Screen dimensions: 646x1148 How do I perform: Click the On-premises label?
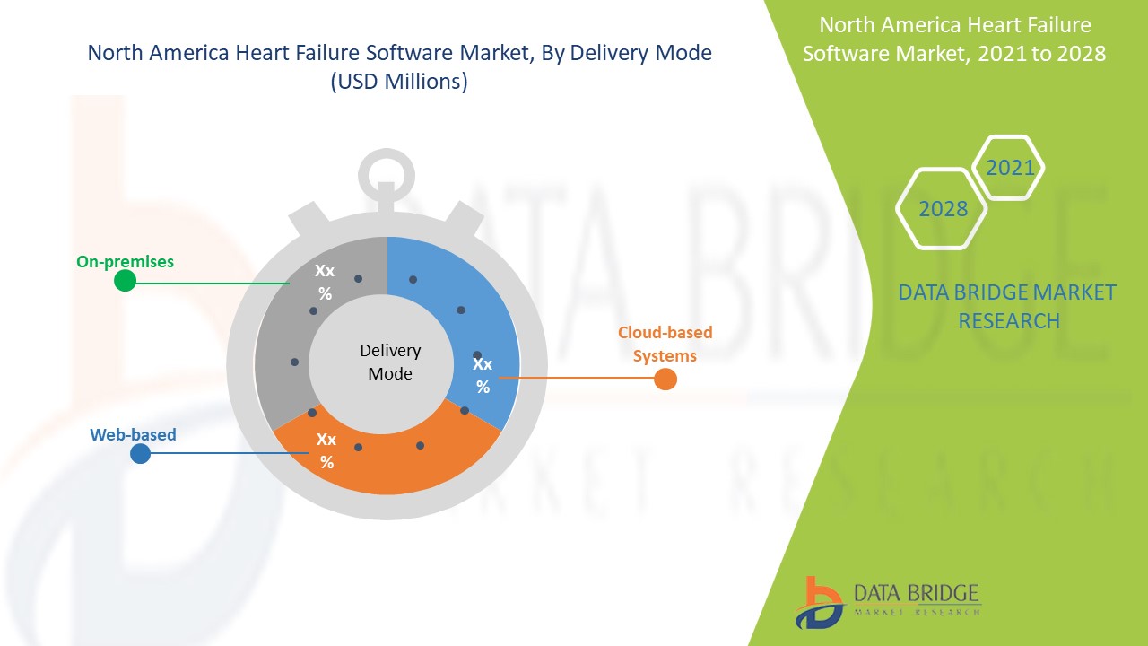[x=125, y=262]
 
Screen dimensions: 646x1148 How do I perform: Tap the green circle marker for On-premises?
[x=126, y=281]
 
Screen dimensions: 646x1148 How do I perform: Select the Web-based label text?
[x=133, y=435]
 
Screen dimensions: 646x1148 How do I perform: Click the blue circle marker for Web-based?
[x=140, y=454]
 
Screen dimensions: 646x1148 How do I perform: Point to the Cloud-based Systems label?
[x=665, y=344]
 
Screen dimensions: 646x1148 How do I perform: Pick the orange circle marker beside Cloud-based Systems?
[x=665, y=380]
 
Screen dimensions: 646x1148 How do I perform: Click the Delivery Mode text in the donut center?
[x=390, y=362]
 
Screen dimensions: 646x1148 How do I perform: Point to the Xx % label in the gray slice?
[x=325, y=282]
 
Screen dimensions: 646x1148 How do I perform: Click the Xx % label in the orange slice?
[x=326, y=451]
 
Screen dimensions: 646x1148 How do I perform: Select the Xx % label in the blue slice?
[x=483, y=375]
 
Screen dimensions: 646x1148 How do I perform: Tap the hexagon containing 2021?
[x=1009, y=168]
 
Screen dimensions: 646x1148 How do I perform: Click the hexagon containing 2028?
[x=943, y=209]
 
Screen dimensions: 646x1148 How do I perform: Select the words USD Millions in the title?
[x=400, y=83]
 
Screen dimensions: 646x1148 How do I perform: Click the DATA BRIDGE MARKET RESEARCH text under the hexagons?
[x=1008, y=306]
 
